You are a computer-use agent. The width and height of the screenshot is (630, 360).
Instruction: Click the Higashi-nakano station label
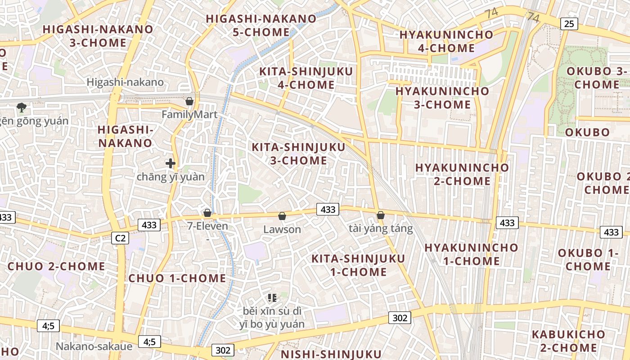(125, 82)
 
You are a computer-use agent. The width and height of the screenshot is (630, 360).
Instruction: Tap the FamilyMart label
(189, 115)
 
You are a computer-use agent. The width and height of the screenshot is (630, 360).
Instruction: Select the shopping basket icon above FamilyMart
(189, 101)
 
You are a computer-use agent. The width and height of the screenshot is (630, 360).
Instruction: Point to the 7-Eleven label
(207, 226)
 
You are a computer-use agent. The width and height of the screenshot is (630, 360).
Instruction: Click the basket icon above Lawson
(282, 216)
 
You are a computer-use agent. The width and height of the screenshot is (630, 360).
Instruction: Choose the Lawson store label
(282, 229)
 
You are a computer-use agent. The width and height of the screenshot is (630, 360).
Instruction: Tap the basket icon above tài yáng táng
(381, 215)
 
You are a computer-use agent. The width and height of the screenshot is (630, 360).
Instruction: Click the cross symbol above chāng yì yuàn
(171, 163)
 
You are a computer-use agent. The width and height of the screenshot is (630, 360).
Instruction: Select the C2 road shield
(120, 238)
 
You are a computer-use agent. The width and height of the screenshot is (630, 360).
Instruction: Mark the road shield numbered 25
(569, 23)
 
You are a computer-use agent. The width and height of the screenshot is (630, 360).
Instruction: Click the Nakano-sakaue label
(94, 346)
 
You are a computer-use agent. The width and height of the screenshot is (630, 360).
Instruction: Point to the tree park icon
(21, 107)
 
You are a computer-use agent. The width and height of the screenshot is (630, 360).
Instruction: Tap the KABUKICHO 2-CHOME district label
(568, 341)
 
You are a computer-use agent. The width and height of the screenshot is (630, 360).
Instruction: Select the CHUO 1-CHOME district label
(177, 278)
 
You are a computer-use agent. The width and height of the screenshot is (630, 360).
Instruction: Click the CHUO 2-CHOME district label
(56, 266)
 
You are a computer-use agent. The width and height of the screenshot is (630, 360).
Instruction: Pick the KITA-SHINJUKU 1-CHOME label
(358, 265)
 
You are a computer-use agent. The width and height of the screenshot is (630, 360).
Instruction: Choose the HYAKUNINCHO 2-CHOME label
(462, 174)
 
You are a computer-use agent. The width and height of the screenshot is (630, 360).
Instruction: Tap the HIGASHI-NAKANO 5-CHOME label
(261, 25)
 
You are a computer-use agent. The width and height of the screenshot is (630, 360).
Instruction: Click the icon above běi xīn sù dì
(272, 297)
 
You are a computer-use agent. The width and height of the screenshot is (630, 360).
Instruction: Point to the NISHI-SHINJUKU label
(331, 354)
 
